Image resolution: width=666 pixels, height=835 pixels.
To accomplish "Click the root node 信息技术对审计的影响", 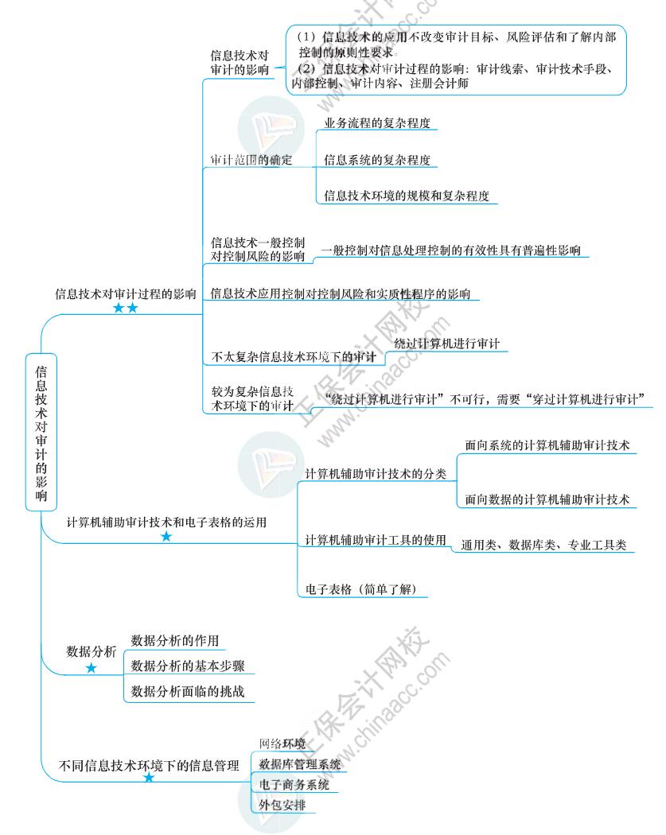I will (x=41, y=432).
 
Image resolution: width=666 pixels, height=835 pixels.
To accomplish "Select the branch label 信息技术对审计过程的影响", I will (x=125, y=293).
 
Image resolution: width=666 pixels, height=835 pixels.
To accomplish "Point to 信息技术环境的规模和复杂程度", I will (x=406, y=196).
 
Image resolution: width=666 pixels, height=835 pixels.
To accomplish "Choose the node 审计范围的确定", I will (x=251, y=160).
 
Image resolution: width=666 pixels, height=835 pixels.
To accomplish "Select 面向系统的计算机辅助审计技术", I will (x=547, y=445).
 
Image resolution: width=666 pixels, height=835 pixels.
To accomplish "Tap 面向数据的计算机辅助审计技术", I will (x=547, y=499).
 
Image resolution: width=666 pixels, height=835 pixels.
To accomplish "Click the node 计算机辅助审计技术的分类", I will (x=376, y=473).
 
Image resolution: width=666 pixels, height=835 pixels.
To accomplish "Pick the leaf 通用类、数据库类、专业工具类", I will (x=543, y=546).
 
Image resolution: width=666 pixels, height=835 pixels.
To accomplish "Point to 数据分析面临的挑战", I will (x=187, y=692).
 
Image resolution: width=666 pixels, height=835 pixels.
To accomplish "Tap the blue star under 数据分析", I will (x=91, y=669).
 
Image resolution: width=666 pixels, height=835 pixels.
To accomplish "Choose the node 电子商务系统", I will (x=293, y=784).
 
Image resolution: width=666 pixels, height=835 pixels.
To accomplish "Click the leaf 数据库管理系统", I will (x=299, y=764).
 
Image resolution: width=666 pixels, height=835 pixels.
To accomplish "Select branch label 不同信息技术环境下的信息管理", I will (x=149, y=767).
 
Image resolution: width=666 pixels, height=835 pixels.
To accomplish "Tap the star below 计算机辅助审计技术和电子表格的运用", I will (x=166, y=537).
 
